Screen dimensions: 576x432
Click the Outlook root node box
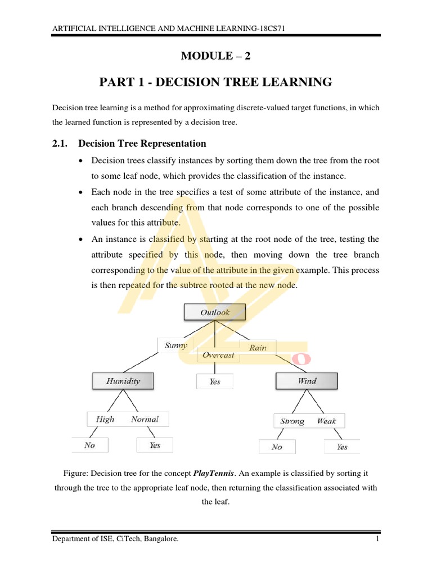point(214,312)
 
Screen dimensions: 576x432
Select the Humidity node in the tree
point(123,381)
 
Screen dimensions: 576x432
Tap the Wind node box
point(307,381)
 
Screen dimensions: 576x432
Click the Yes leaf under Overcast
point(214,381)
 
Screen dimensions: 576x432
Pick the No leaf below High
point(90,445)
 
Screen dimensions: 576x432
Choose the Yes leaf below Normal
point(155,445)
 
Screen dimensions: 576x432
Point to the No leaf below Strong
point(277,447)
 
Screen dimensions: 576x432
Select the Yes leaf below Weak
point(342,447)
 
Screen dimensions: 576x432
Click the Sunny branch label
point(176,345)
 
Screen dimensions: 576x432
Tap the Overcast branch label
point(218,355)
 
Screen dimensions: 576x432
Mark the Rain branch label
point(258,347)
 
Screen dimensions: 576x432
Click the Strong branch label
point(292,421)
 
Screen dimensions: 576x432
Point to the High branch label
point(105,419)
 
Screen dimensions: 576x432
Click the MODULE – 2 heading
point(215,55)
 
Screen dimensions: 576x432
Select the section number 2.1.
point(60,143)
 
